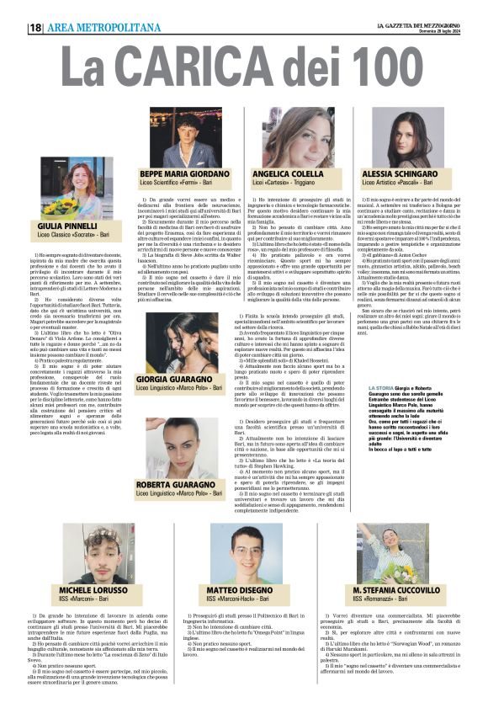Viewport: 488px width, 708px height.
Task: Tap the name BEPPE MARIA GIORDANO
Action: point(183,174)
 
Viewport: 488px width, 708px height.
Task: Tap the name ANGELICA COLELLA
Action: point(288,174)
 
